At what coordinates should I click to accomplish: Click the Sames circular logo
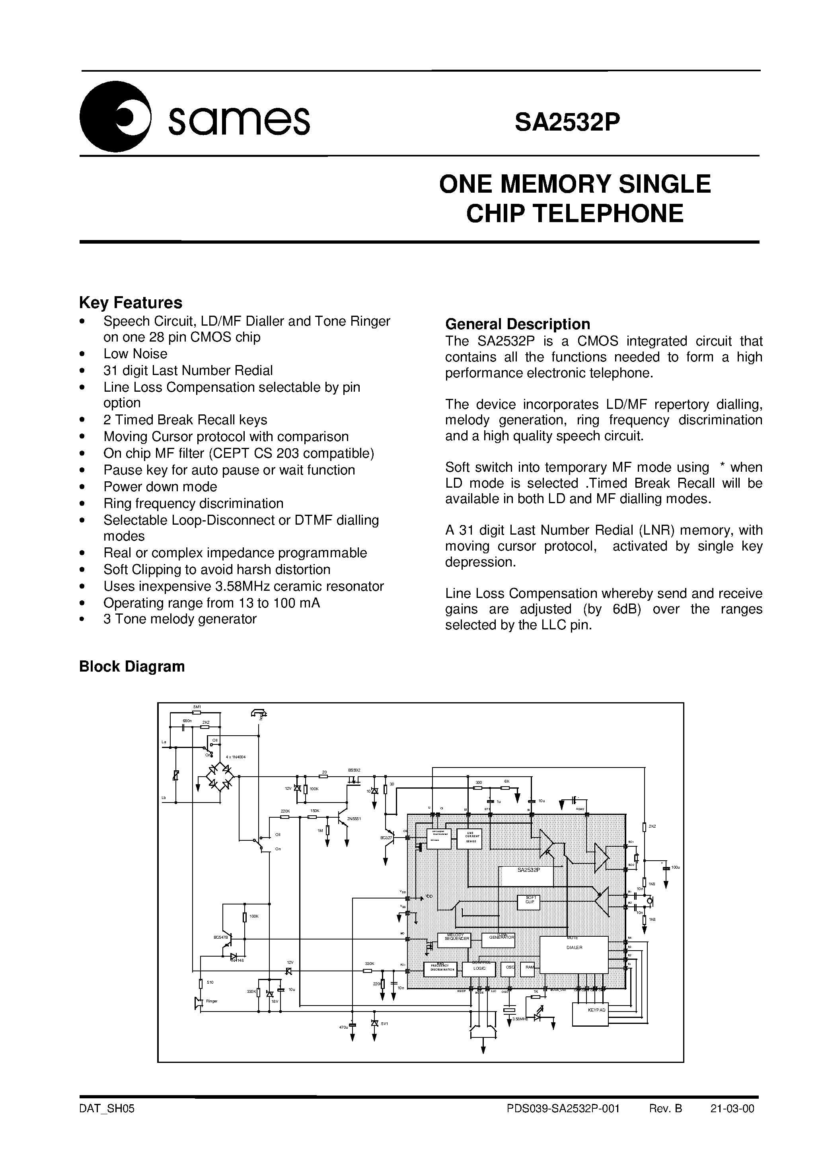pyautogui.click(x=115, y=117)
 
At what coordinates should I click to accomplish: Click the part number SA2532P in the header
pyautogui.click(x=567, y=122)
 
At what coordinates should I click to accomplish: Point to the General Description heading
pyautogui.click(x=517, y=324)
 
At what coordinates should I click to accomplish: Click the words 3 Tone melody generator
pyautogui.click(x=180, y=619)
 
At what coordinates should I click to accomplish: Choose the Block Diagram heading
pyautogui.click(x=132, y=666)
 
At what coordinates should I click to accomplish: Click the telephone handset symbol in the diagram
pyautogui.click(x=259, y=714)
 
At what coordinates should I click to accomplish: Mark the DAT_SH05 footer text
pyautogui.click(x=107, y=1108)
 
